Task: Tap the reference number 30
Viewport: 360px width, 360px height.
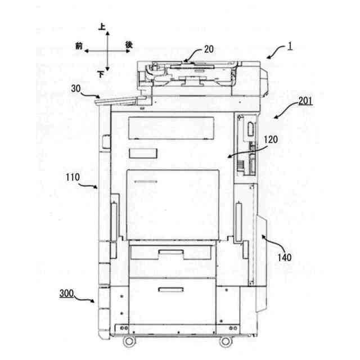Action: tap(77, 88)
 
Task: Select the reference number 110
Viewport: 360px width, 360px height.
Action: tap(73, 177)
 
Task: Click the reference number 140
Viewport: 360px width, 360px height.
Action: tap(284, 258)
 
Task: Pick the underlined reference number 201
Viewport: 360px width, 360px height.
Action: tap(305, 101)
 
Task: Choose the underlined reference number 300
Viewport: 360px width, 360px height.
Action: tap(67, 294)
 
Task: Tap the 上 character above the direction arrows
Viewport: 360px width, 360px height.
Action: tap(102, 26)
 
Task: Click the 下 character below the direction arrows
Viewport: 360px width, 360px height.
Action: tap(101, 74)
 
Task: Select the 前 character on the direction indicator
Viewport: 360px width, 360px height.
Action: tap(78, 45)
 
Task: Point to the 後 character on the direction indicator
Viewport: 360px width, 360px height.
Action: tap(129, 44)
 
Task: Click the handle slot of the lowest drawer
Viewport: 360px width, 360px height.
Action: tap(170, 290)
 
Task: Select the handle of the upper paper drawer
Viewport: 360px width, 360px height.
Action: tap(172, 253)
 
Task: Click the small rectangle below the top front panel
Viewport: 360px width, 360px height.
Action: tap(142, 154)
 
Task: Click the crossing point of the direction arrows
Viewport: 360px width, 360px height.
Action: tap(106, 51)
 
